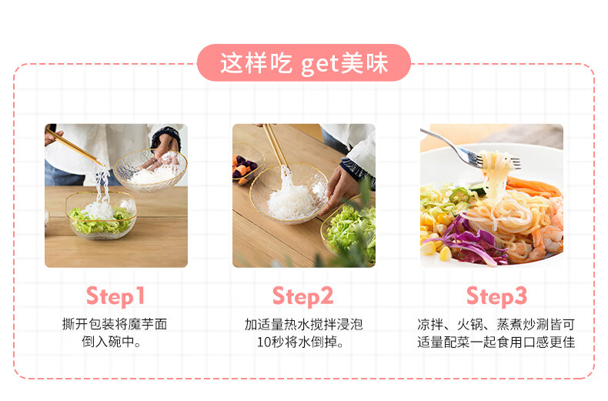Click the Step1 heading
click(115, 296)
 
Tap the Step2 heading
click(302, 296)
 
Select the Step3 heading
click(496, 296)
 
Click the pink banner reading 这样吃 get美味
click(303, 63)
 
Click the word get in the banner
click(319, 65)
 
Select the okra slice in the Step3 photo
click(459, 195)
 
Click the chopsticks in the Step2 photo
click(276, 146)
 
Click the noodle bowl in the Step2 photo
click(289, 193)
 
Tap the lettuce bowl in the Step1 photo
click(101, 216)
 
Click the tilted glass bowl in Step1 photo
click(150, 171)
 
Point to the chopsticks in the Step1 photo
click(73, 146)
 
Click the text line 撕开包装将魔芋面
click(115, 324)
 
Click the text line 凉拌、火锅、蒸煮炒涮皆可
click(496, 324)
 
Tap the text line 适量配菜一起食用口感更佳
click(496, 342)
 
